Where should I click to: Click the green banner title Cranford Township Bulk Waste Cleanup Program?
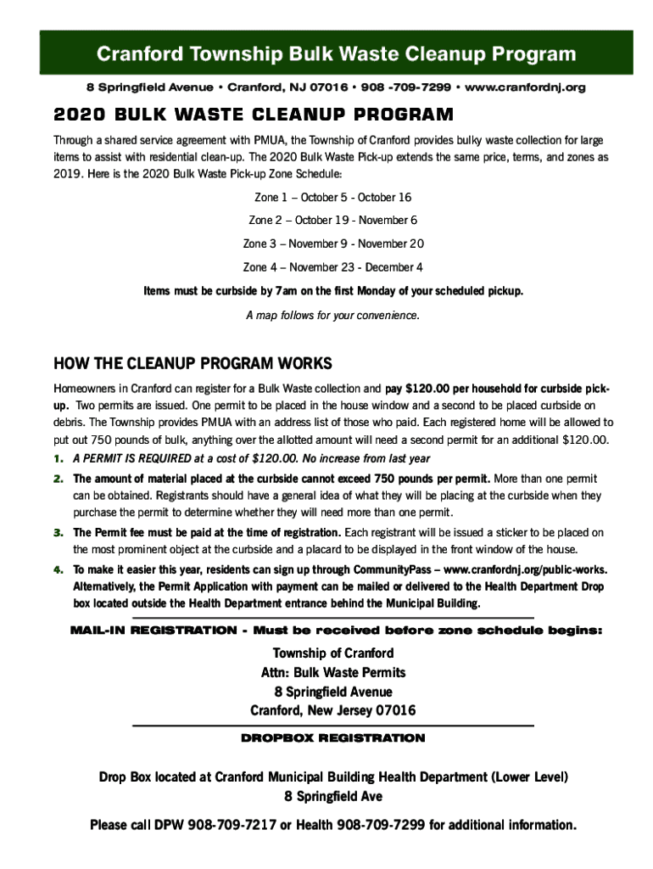click(x=336, y=55)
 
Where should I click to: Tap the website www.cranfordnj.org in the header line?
click(x=526, y=87)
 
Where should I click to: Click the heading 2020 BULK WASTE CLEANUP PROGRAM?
click(x=254, y=115)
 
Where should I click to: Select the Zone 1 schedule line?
click(x=333, y=197)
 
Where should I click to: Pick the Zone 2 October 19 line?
click(x=333, y=221)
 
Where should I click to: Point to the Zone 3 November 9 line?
click(x=333, y=244)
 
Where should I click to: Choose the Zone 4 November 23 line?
click(x=333, y=267)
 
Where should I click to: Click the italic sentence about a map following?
click(x=333, y=316)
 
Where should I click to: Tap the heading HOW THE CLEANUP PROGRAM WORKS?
click(x=193, y=364)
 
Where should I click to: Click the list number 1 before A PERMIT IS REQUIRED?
click(x=59, y=459)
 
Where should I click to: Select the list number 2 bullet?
click(x=59, y=479)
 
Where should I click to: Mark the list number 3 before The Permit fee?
click(x=59, y=533)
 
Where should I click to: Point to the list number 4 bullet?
click(x=59, y=569)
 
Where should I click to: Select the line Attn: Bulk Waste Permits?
click(x=333, y=673)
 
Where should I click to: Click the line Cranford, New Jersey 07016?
click(x=333, y=711)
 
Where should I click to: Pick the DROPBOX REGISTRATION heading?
click(x=333, y=738)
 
